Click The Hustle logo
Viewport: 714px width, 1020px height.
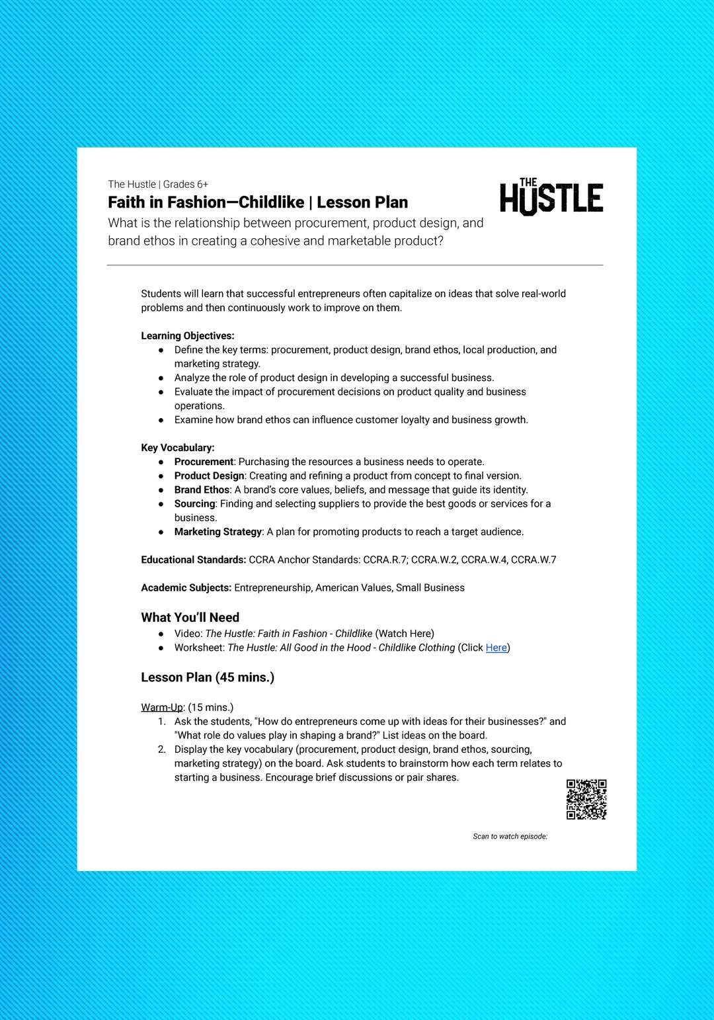(x=551, y=197)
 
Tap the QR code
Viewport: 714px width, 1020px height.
(x=586, y=799)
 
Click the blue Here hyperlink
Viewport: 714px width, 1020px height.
(x=496, y=648)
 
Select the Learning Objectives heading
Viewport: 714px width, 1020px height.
(x=188, y=336)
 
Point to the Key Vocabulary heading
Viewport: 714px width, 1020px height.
(x=178, y=448)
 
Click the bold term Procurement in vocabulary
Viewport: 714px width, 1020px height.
(x=204, y=462)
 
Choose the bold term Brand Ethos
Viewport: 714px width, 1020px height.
(x=202, y=490)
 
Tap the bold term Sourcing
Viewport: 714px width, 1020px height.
(x=194, y=504)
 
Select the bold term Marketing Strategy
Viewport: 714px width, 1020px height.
(x=218, y=532)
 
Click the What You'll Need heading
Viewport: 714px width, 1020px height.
(x=190, y=617)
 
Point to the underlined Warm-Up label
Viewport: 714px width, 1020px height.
(x=162, y=707)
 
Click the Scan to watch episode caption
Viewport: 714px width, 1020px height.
(x=510, y=837)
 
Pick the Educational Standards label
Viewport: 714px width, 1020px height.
(x=193, y=560)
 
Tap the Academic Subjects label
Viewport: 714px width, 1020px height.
(x=186, y=588)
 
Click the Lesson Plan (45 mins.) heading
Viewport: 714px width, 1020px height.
(x=208, y=677)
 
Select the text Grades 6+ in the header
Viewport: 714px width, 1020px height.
(x=186, y=185)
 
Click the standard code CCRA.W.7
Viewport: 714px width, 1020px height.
(x=534, y=560)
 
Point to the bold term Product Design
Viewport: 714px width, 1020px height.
(x=209, y=476)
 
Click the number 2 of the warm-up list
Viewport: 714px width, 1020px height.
(x=162, y=749)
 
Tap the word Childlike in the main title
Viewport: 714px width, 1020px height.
(x=271, y=202)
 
